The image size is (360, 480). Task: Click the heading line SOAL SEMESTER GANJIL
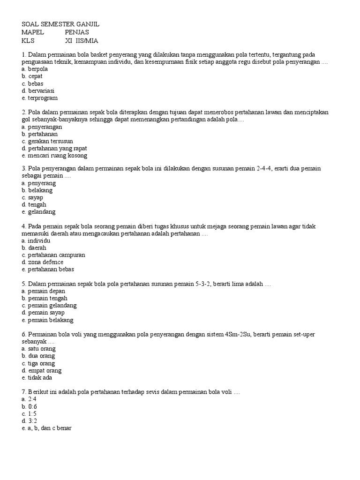tap(61, 24)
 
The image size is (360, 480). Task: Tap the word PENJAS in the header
tap(77, 32)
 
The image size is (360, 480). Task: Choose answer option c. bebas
tap(32, 83)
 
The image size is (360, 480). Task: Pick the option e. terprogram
tap(40, 98)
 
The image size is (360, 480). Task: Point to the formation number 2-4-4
tap(265, 168)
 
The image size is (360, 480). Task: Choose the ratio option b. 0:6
tap(29, 406)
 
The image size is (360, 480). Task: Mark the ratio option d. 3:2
tap(29, 421)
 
